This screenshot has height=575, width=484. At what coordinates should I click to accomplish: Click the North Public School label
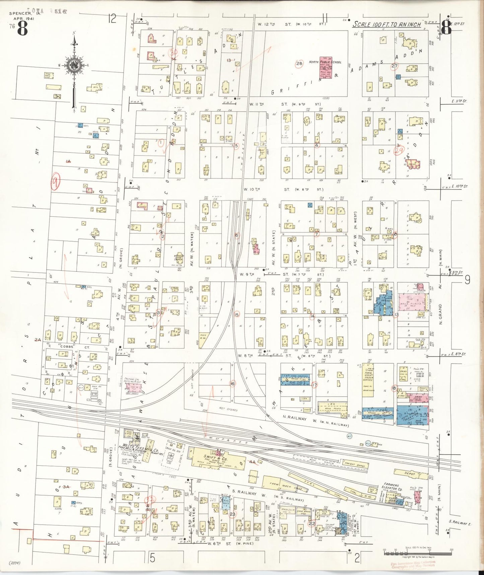click(x=325, y=62)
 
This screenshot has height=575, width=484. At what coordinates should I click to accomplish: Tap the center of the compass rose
click(x=72, y=65)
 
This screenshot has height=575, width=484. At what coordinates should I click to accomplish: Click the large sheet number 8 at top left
click(x=22, y=29)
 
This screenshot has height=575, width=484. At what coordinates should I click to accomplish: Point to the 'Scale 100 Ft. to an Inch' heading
click(x=387, y=24)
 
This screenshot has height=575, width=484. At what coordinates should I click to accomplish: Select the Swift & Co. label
click(x=215, y=458)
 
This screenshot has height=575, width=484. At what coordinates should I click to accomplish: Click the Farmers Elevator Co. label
click(x=392, y=487)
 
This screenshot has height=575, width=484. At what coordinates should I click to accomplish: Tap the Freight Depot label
click(x=355, y=465)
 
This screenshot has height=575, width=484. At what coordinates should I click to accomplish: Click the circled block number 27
click(x=394, y=66)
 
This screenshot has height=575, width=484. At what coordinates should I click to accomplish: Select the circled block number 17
click(x=314, y=385)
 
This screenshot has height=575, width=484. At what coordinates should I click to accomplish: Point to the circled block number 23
click(x=232, y=514)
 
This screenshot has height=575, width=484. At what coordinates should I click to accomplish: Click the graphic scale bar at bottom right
click(x=417, y=551)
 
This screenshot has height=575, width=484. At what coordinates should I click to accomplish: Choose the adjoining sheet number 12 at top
click(x=112, y=18)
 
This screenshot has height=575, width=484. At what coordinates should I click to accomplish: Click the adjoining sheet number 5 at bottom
click(x=153, y=558)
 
